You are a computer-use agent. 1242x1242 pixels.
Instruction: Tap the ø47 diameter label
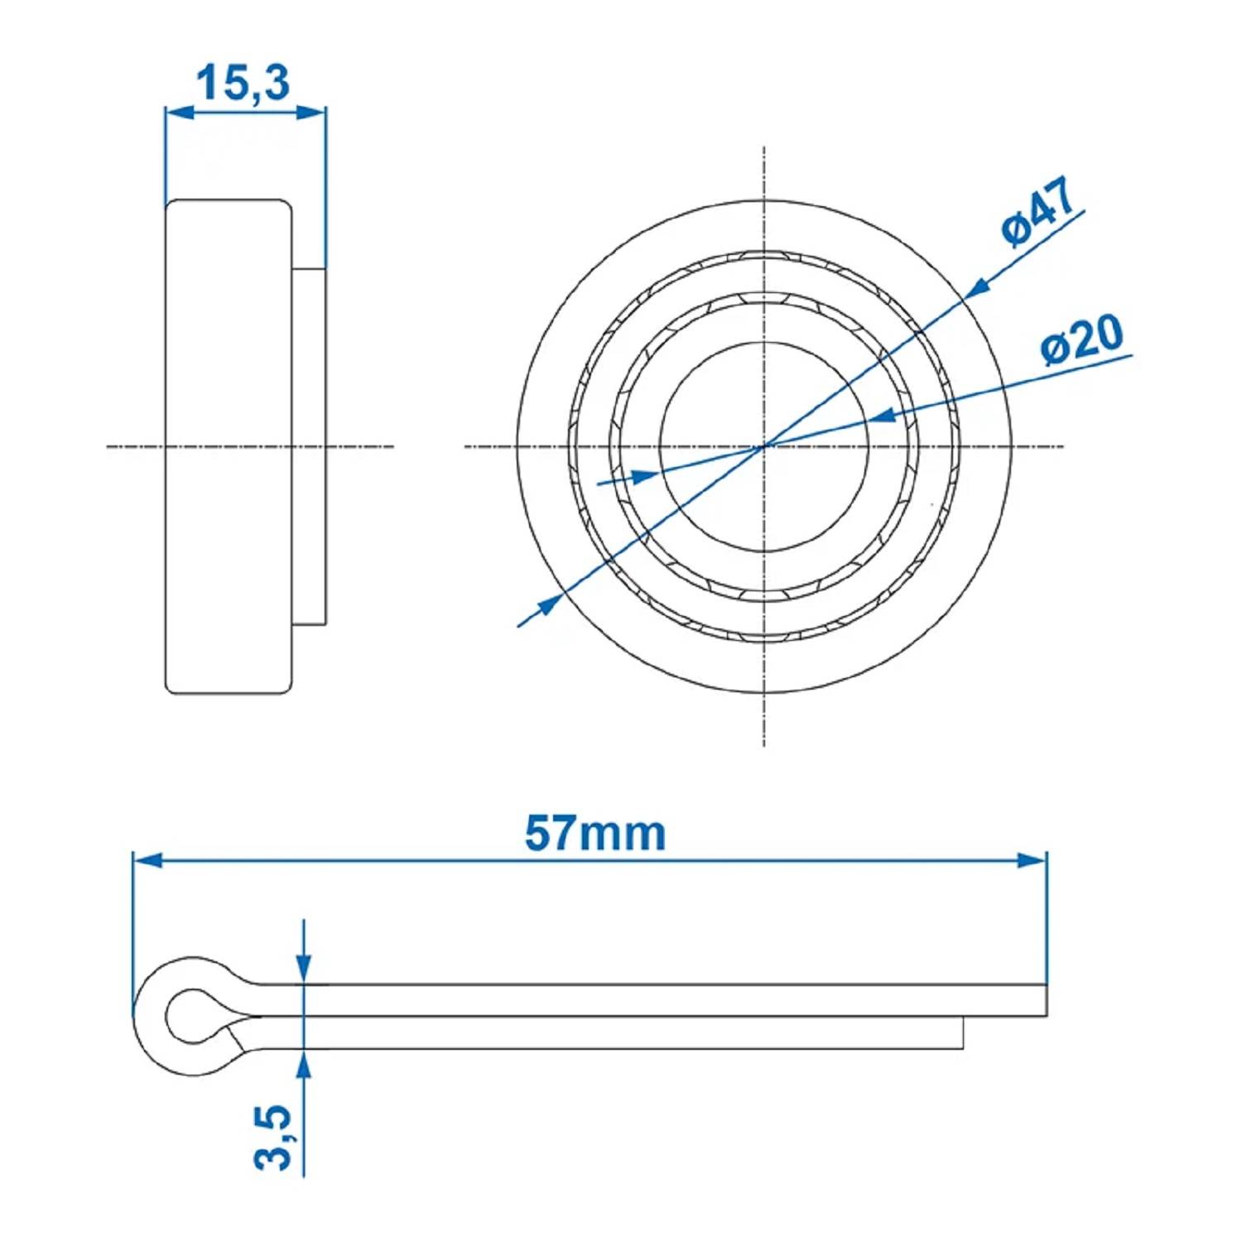point(1038,212)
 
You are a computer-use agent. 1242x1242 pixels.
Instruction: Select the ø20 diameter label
point(1082,339)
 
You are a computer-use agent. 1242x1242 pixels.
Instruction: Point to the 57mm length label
point(595,834)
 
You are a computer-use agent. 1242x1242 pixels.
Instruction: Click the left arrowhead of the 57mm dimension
point(149,860)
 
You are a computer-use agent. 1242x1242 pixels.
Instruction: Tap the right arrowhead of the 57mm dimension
point(1031,860)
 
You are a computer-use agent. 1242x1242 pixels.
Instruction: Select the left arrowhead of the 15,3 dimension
point(181,112)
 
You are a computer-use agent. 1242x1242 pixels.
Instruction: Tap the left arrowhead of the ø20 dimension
point(645,475)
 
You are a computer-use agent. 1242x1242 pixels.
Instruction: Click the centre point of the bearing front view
point(763,446)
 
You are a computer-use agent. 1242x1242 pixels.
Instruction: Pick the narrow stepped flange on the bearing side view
point(310,446)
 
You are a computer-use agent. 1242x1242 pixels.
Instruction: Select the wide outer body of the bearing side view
point(229,446)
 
